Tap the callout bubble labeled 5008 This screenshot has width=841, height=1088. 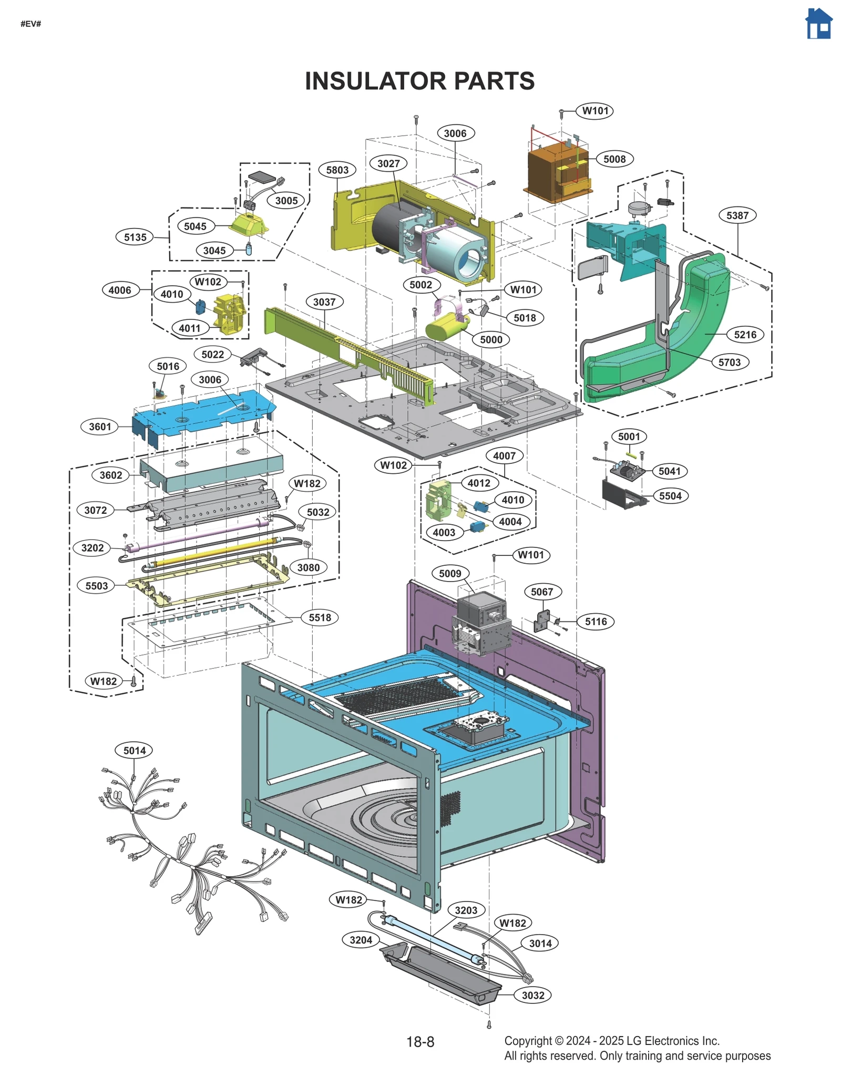click(x=614, y=159)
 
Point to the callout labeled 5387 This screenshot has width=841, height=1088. click(x=737, y=215)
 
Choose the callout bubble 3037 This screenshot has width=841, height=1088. click(x=324, y=302)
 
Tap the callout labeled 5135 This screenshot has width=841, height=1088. click(x=135, y=237)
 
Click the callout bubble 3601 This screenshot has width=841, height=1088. click(x=100, y=427)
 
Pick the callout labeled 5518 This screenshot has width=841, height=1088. click(x=320, y=618)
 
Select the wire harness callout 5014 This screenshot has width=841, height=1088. click(x=135, y=751)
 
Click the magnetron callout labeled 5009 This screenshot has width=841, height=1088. click(x=450, y=574)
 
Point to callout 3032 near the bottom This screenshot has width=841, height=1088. click(x=533, y=996)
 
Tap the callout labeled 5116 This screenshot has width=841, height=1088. click(x=596, y=622)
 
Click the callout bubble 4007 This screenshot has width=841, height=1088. click(x=504, y=456)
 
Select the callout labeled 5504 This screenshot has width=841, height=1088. click(x=670, y=496)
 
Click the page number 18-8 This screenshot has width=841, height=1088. click(x=420, y=1042)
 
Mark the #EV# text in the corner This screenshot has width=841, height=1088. click(x=31, y=24)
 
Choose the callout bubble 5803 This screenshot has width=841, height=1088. click(x=337, y=170)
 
